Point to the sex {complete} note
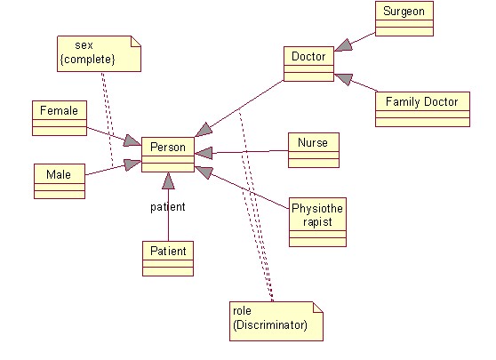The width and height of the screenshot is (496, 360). click(99, 53)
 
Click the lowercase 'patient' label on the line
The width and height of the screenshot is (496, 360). click(166, 207)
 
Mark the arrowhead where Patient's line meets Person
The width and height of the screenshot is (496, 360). click(168, 181)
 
